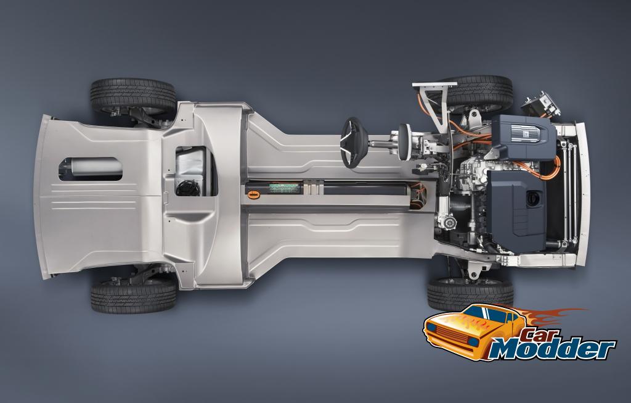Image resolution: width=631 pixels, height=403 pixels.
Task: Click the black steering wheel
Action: point(354,143)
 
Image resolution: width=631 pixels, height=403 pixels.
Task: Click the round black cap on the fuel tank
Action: point(188,188)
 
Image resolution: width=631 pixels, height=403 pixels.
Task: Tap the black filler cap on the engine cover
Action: point(534,198)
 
